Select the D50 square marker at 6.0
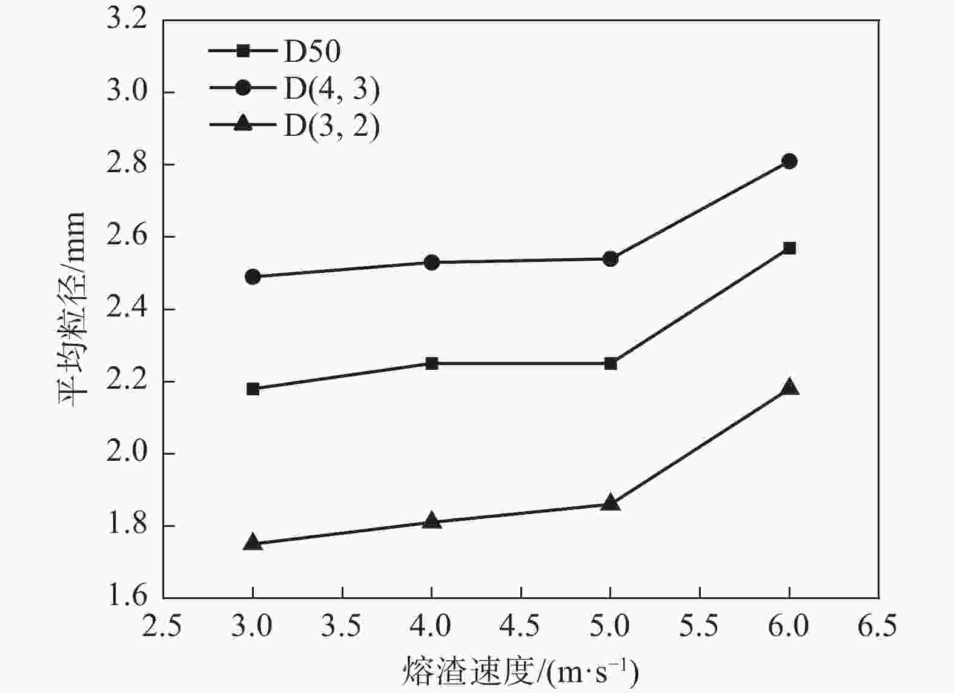click(789, 248)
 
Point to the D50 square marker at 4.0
click(431, 364)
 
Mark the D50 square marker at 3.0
click(253, 389)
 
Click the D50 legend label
click(313, 52)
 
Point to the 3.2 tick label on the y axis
click(127, 19)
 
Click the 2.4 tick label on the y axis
click(127, 309)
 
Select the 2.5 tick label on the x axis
click(162, 626)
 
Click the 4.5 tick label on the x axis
click(521, 626)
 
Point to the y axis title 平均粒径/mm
click(73, 309)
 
